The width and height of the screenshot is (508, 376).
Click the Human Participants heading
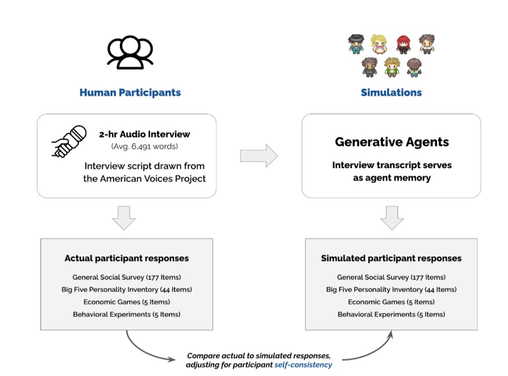130,92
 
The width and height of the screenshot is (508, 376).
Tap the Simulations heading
391,92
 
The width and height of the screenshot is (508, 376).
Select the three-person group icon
130,53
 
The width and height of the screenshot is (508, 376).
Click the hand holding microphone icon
69,141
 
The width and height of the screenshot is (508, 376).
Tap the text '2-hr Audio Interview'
144,134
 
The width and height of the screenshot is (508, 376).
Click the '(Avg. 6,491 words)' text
144,146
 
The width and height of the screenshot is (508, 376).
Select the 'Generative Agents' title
391,142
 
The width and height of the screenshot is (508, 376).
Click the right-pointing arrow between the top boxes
259,156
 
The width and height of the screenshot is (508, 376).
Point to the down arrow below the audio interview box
124,217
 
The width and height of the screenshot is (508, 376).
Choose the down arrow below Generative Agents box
391,217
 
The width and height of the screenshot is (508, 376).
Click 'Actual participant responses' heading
127,258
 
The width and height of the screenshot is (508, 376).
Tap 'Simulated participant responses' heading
391,258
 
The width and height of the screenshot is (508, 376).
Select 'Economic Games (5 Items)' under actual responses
127,302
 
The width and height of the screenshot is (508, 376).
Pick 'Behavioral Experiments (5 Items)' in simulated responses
391,314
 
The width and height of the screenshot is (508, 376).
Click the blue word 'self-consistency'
303,365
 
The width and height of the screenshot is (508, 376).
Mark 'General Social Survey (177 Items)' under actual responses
127,277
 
